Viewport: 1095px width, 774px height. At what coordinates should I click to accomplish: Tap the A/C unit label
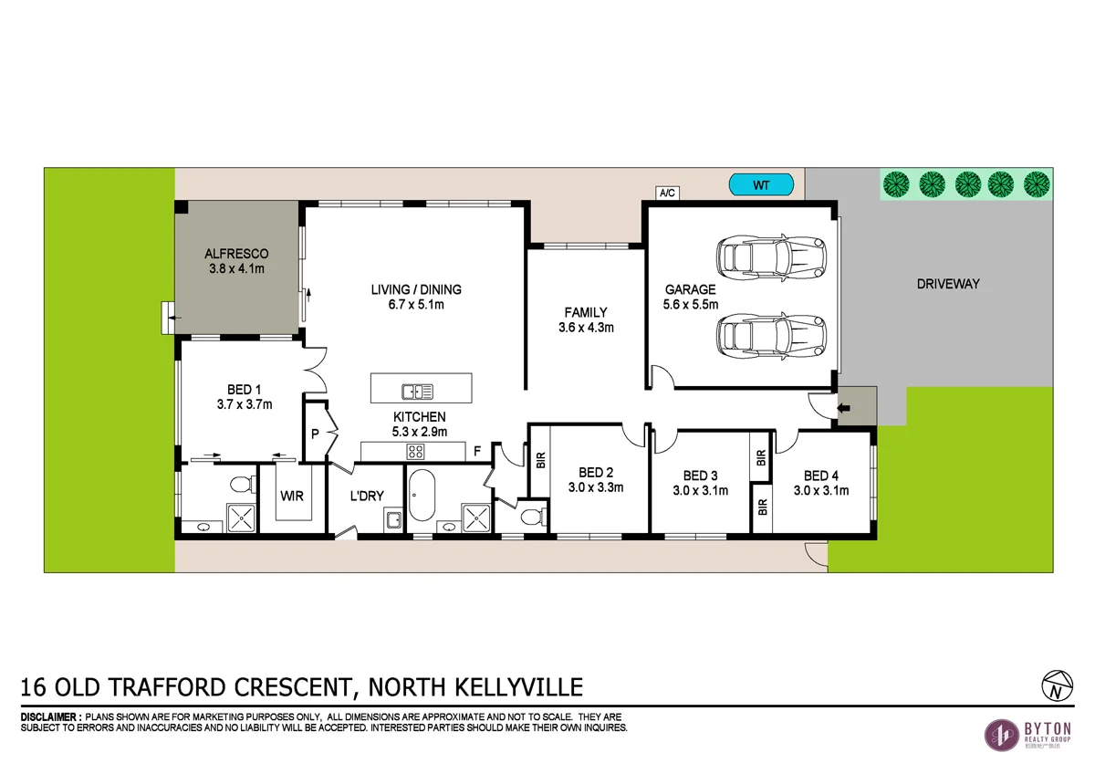coord(666,193)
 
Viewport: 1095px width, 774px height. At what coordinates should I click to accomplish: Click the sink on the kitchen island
coord(417,392)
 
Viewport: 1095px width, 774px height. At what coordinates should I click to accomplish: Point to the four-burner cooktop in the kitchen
coord(416,451)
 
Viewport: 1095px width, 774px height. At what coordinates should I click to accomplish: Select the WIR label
coord(292,497)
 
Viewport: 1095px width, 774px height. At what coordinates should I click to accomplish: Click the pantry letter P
coord(315,434)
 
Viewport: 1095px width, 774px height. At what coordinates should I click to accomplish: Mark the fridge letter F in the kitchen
coord(475,451)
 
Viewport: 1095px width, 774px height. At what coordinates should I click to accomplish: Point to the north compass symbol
coord(1054,685)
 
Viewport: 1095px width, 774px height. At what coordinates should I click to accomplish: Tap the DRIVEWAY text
coord(948,284)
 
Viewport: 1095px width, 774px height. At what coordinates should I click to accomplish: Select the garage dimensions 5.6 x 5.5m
coord(691,304)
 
